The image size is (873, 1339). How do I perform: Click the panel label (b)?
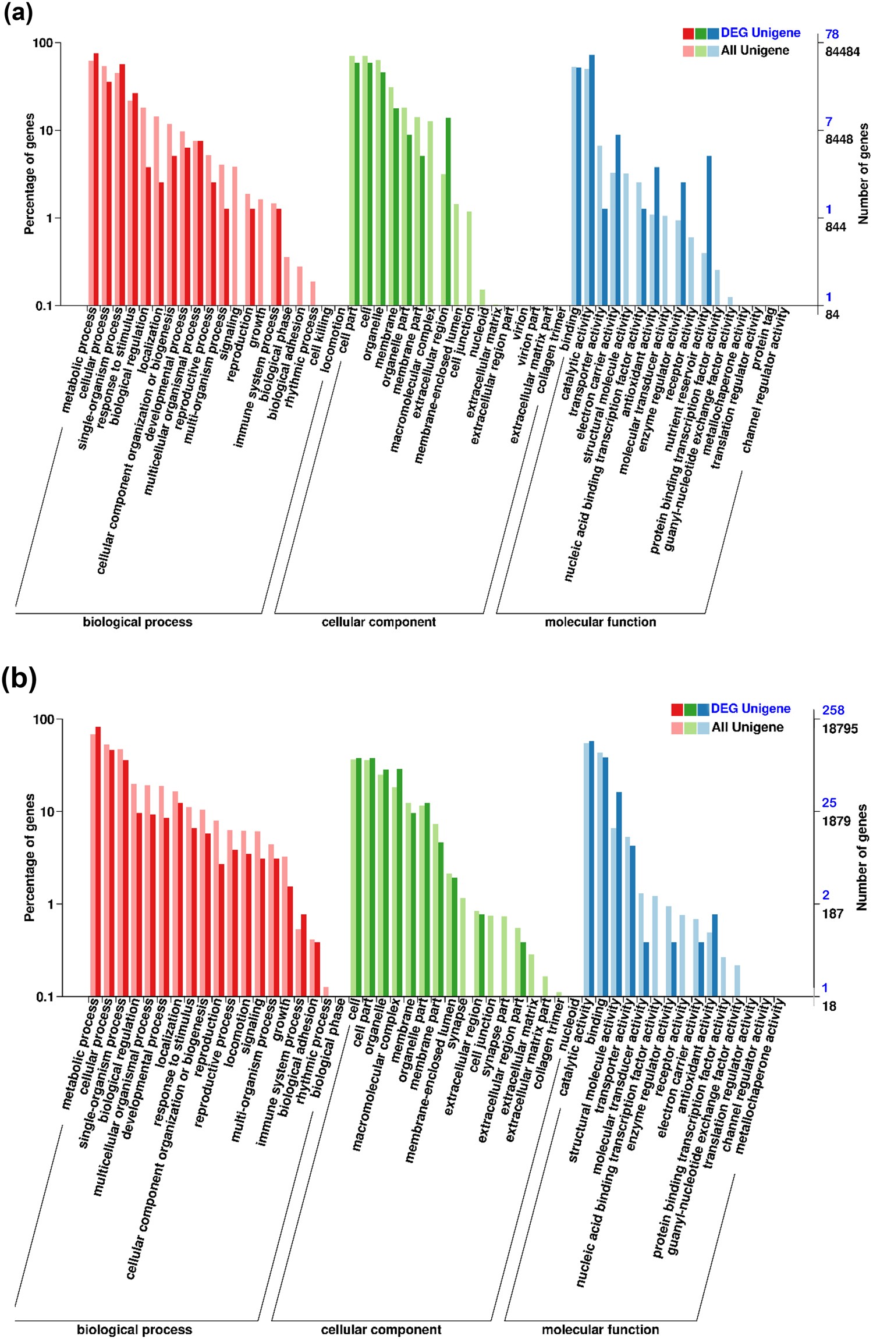(x=19, y=679)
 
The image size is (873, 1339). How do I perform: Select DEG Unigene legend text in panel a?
(x=760, y=33)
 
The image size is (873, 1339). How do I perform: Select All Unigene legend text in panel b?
(x=747, y=727)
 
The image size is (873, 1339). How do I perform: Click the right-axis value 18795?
(x=839, y=729)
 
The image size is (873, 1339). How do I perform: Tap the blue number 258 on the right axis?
(x=833, y=710)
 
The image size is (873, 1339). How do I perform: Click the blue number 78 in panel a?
(x=832, y=34)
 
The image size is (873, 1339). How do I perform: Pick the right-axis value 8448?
(x=839, y=140)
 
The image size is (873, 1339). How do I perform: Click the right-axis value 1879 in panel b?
(x=836, y=821)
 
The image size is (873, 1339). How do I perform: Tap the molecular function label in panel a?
(x=600, y=622)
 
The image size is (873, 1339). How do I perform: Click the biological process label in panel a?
(x=137, y=622)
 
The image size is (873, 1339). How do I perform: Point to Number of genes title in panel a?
(x=863, y=173)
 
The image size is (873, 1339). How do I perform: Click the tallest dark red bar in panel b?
(x=98, y=861)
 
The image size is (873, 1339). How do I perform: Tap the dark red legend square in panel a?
(x=689, y=34)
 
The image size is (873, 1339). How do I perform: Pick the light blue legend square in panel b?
(x=703, y=728)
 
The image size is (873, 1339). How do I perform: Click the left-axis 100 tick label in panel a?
(x=42, y=43)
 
